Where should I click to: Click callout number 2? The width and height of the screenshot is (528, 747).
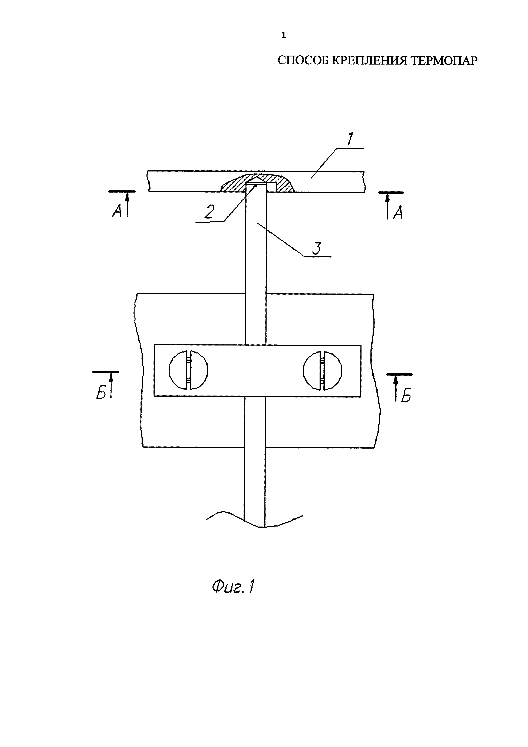click(x=209, y=212)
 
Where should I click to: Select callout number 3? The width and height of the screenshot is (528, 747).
click(x=316, y=248)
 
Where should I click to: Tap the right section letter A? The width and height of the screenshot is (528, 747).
click(x=398, y=213)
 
